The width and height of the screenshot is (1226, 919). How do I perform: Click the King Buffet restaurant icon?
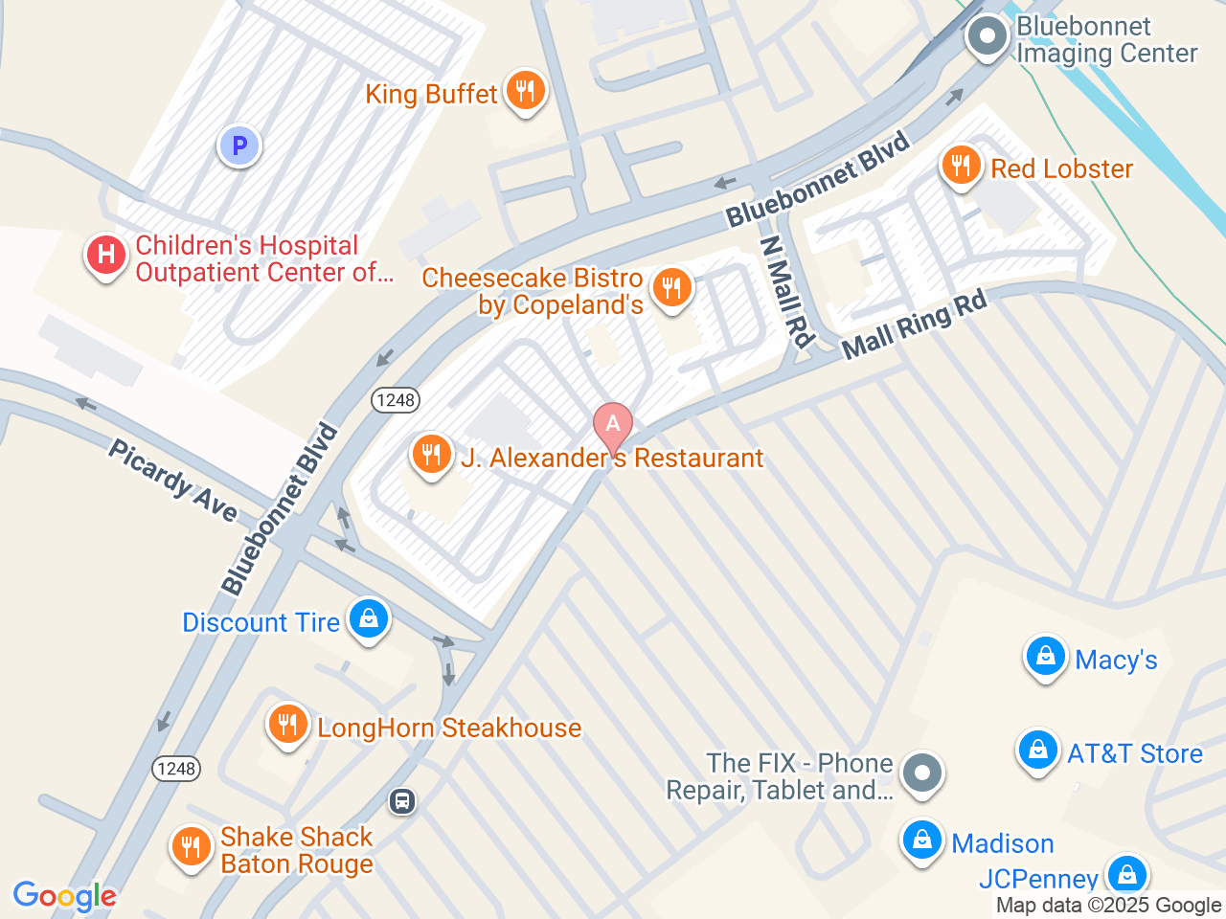point(524,92)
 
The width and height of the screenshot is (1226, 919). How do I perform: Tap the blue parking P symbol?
point(239,146)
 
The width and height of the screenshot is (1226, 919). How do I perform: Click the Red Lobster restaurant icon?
point(961,167)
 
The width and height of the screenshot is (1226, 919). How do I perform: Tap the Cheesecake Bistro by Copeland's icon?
point(671,287)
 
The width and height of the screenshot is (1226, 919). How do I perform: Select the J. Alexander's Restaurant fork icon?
point(432,455)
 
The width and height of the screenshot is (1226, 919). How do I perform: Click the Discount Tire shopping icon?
point(369,619)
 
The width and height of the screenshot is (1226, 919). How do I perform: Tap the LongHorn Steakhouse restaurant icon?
point(287,725)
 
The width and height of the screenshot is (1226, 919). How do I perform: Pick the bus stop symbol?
point(402,801)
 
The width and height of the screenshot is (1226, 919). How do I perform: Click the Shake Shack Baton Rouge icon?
point(191,847)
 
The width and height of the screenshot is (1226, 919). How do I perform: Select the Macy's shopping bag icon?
point(1045,657)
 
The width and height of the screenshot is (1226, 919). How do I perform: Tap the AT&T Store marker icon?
point(1037,751)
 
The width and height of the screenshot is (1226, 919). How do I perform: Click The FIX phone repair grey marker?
point(922,773)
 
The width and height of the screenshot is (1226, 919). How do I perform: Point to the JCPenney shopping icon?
point(1127,874)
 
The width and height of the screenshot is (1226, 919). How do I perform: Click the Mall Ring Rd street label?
point(914,325)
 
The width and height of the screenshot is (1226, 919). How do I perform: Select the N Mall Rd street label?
point(786,292)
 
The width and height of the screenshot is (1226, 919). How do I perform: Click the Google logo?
point(64,896)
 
